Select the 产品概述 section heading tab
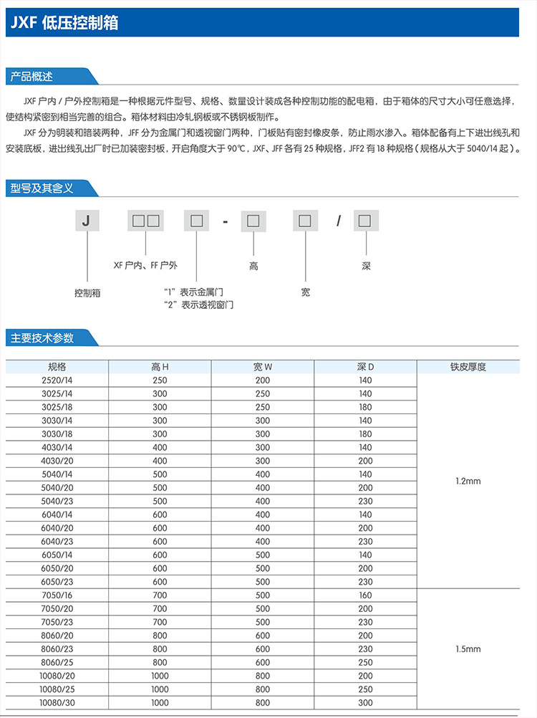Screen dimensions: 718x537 click(33, 76)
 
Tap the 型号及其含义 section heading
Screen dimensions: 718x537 click(42, 188)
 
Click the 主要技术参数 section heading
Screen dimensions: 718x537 click(42, 338)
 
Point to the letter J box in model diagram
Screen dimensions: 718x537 click(86, 221)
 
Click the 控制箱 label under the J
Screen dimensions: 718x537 click(87, 293)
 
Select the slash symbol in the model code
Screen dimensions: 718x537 click(339, 221)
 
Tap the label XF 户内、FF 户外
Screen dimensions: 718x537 click(145, 265)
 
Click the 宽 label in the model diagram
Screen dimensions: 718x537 click(306, 292)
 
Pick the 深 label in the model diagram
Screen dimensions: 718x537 click(366, 266)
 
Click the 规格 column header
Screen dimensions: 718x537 click(57, 367)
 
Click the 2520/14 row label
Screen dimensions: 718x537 click(57, 380)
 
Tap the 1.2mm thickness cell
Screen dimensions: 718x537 click(468, 481)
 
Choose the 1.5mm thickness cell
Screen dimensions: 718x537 click(468, 648)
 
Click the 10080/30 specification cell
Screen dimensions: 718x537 click(57, 702)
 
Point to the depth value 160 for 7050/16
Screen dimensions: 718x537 click(365, 595)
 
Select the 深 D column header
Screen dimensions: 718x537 click(365, 367)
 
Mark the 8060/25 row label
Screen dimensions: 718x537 click(57, 662)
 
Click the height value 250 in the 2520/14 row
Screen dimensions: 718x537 click(160, 380)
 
